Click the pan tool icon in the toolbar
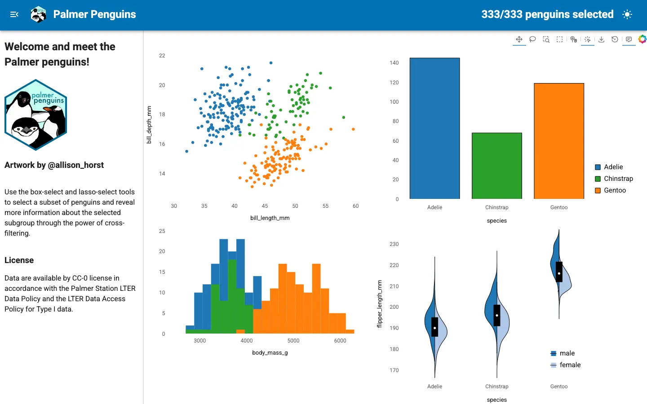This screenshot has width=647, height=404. [x=519, y=39]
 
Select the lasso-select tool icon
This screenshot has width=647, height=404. [x=532, y=39]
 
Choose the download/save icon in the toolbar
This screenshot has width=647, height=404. [x=601, y=39]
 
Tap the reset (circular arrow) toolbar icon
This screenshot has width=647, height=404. [x=615, y=39]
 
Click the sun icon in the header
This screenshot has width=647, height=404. [x=627, y=14]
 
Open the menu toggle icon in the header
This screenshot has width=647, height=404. [x=14, y=14]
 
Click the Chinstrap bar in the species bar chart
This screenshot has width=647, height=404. [x=497, y=166]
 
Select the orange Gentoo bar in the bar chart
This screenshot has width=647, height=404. [x=559, y=141]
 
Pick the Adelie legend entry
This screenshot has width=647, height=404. [x=609, y=167]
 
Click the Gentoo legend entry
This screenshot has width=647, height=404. [x=610, y=190]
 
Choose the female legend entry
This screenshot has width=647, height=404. [x=566, y=365]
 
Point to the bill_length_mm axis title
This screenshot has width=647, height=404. [x=270, y=218]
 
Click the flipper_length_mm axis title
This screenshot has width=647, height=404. [x=379, y=304]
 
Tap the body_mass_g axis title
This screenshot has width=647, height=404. [x=270, y=352]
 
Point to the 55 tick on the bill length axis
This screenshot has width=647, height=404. [x=325, y=206]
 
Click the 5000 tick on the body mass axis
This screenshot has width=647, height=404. [x=293, y=341]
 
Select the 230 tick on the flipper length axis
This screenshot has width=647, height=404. [x=394, y=244]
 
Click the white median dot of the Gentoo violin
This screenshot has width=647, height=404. [x=559, y=273]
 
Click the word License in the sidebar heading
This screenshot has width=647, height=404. [x=19, y=260]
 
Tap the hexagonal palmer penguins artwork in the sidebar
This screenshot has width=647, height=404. [x=36, y=115]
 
